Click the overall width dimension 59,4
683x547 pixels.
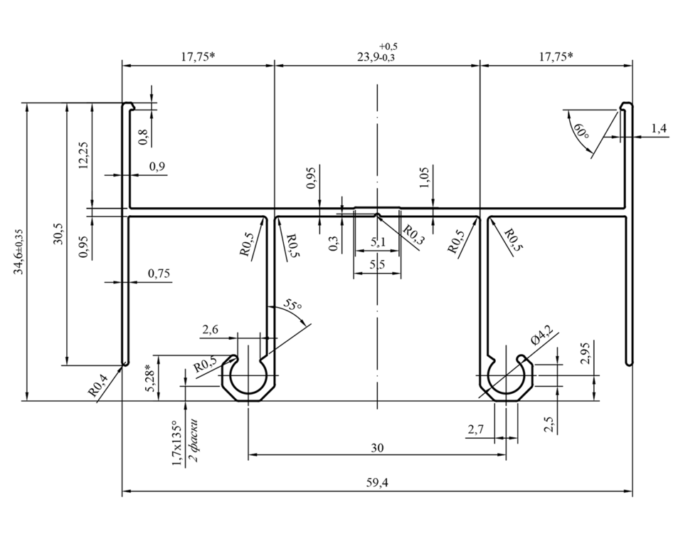tap(377, 483)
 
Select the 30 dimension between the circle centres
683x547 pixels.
tap(377, 447)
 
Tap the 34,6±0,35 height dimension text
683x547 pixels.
tap(18, 251)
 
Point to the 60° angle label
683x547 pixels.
tap(581, 131)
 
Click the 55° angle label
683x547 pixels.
tap(292, 304)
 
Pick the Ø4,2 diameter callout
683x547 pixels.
tap(542, 336)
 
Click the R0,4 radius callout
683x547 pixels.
tap(97, 385)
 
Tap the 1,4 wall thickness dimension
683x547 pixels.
tap(659, 128)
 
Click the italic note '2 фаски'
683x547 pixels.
tap(194, 441)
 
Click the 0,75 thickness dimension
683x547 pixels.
tap(159, 273)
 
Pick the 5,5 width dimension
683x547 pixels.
tap(377, 265)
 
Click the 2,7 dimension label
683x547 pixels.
tap(475, 429)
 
